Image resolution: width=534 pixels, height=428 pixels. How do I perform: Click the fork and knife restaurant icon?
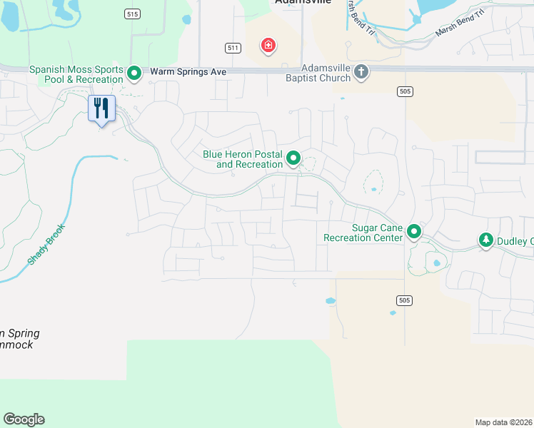coord(101,108)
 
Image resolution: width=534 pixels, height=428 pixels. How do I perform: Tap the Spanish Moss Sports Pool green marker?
coord(133,73)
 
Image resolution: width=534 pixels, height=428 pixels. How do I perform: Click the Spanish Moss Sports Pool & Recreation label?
coord(76,74)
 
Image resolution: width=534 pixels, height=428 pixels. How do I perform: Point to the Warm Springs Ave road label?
coord(188,72)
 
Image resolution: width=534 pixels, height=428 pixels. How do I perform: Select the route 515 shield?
coord(131,14)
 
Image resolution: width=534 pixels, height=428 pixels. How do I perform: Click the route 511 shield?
coord(232,48)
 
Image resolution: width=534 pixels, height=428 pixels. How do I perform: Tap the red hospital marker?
coord(268,46)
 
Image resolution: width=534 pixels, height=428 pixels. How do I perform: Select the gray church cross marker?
coord(361,72)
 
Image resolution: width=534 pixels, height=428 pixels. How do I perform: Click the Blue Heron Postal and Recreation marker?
coord(293,158)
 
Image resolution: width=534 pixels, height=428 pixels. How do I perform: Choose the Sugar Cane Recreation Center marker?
coord(414,231)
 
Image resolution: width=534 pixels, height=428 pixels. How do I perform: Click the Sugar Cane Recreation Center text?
coord(363,233)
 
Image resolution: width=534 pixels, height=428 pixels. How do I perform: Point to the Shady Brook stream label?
coord(42,246)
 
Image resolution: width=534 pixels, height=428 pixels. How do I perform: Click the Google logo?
coord(24,419)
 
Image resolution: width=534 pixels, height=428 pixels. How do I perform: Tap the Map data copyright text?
coord(504,422)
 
